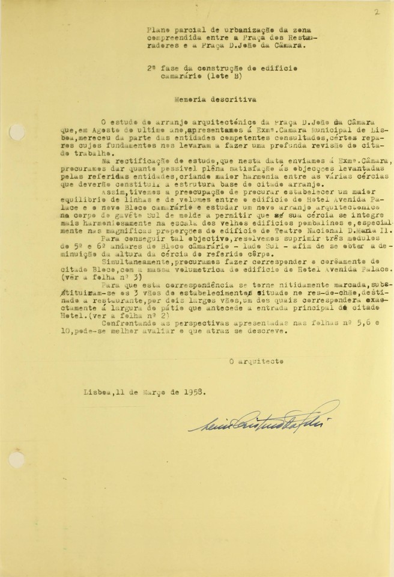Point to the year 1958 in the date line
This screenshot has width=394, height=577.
[190, 391]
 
